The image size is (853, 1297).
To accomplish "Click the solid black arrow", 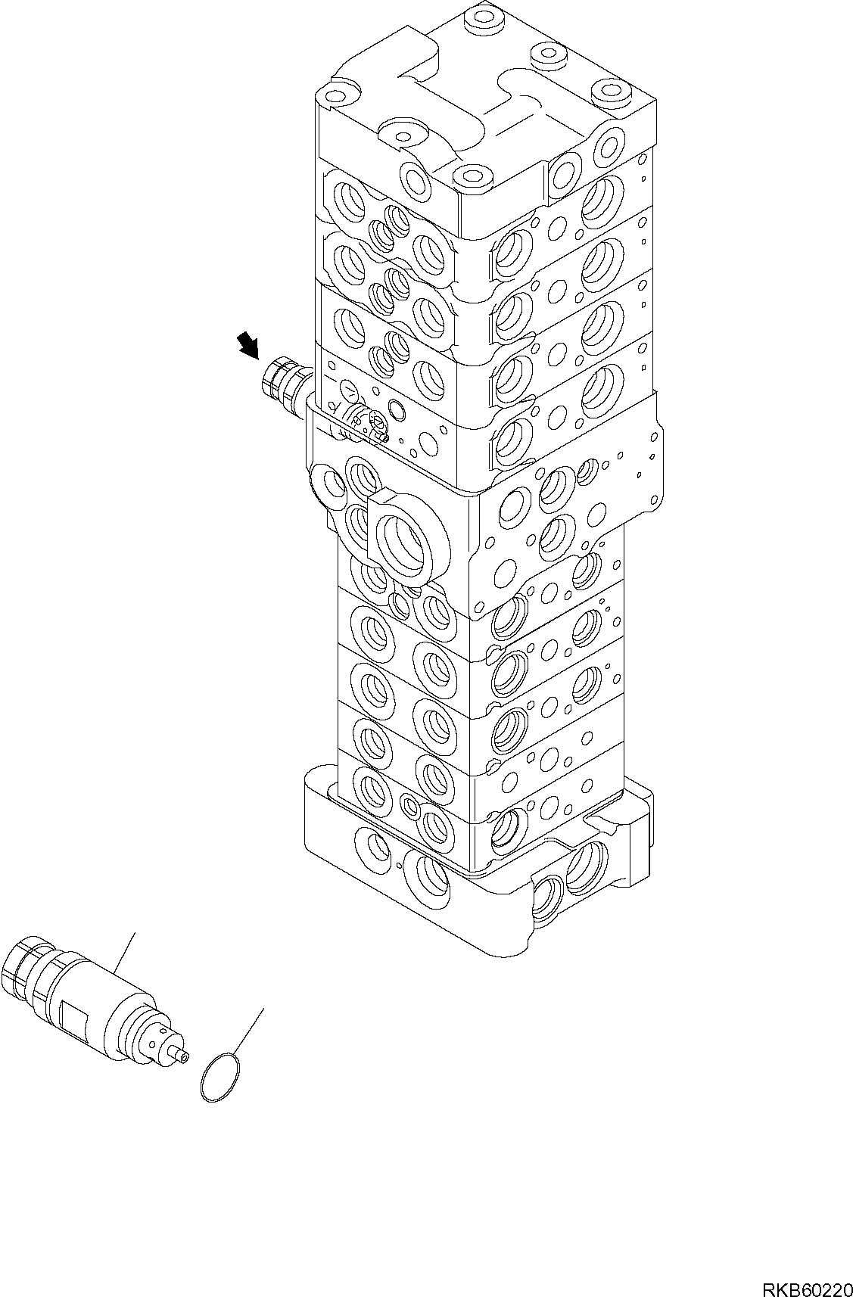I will pyautogui.click(x=247, y=347).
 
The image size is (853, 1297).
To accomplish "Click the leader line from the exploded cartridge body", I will pyautogui.click(x=126, y=953).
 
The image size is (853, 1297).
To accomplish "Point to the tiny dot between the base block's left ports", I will pyautogui.click(x=399, y=865).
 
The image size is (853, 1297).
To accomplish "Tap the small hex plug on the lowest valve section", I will pyautogui.click(x=410, y=806).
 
